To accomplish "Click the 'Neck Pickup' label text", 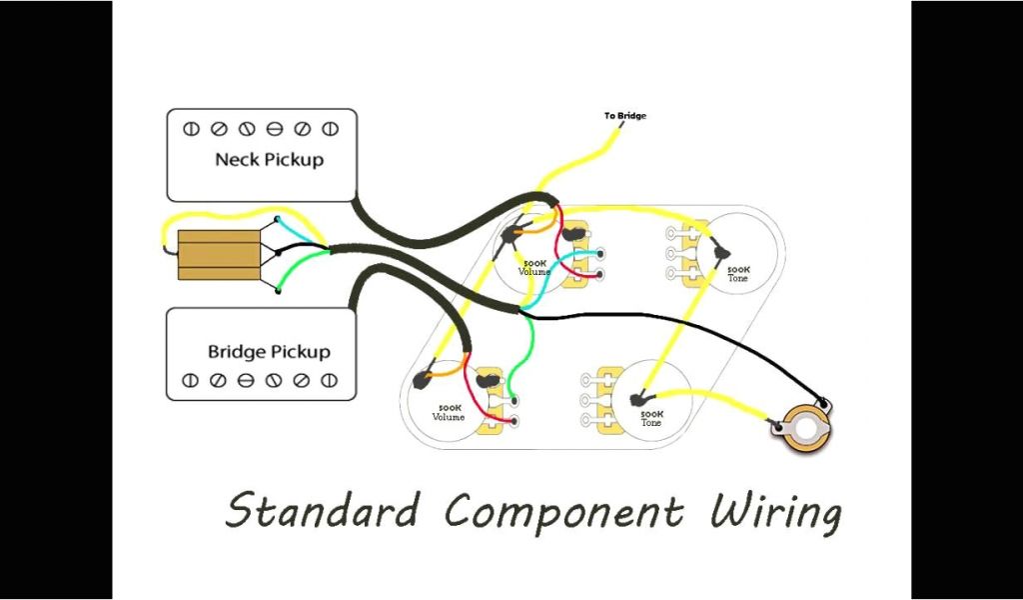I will [x=269, y=159].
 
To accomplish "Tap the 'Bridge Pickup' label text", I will [x=269, y=352].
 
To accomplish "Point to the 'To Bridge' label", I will [x=624, y=116].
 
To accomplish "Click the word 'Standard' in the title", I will [x=322, y=511].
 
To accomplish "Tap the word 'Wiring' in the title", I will [x=775, y=511].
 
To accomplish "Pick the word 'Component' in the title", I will [x=564, y=511].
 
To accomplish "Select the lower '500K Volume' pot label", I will [x=449, y=412].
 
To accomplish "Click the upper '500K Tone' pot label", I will [x=739, y=273].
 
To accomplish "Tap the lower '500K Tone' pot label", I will [x=651, y=418].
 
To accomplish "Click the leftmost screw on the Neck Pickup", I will [x=192, y=129].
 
